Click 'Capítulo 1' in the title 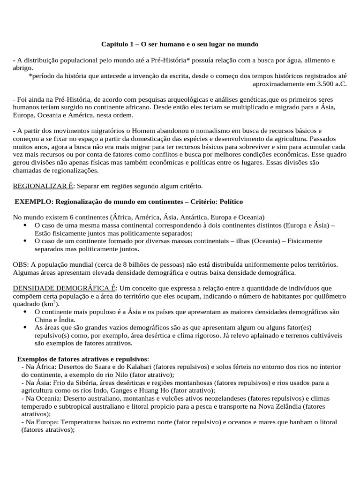117,44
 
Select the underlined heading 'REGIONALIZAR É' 43,186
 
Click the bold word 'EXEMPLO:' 34,201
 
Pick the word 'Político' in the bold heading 229,201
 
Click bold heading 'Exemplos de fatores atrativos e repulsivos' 82,359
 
